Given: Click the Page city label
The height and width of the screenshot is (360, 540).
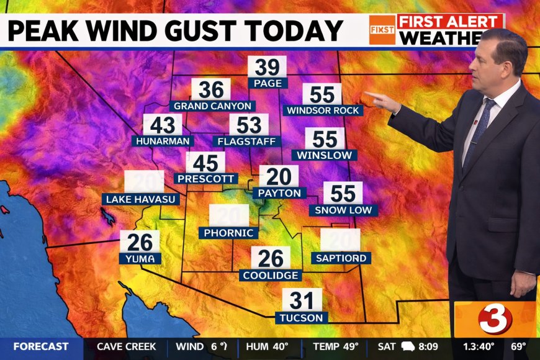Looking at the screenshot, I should pos(268,83).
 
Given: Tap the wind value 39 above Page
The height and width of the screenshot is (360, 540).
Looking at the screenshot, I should pos(268,67).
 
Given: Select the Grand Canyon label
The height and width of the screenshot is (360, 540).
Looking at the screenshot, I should pos(212,106).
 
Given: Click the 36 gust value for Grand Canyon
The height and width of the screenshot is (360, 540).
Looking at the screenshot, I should pos(211,90).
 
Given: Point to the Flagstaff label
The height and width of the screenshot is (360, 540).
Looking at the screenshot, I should pos(246,141).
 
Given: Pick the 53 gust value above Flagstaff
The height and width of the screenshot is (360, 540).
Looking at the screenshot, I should pos(249,125).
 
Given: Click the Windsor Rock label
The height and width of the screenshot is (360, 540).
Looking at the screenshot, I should pos(323,110).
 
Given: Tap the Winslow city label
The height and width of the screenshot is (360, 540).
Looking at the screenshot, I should pos(325,155).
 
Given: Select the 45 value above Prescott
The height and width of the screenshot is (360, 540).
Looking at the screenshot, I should pos(205,163).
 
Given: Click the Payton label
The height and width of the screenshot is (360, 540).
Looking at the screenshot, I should pos(279,193).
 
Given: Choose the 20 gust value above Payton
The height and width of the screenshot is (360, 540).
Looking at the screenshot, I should pos(279,176).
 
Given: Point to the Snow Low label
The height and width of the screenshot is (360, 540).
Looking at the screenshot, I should pos(343,210).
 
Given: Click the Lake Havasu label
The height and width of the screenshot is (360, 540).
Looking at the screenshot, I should pos(142,199).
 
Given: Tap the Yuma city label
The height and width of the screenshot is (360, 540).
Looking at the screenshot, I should pos(141,258).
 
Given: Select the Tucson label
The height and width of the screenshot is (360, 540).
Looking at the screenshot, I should pos(302,317).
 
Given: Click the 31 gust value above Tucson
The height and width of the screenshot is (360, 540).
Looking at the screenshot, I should pos(302,301).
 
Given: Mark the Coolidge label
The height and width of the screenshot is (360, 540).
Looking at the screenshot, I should pos(271,275).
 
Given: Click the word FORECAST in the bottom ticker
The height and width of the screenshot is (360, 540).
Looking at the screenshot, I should pos(40,346).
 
